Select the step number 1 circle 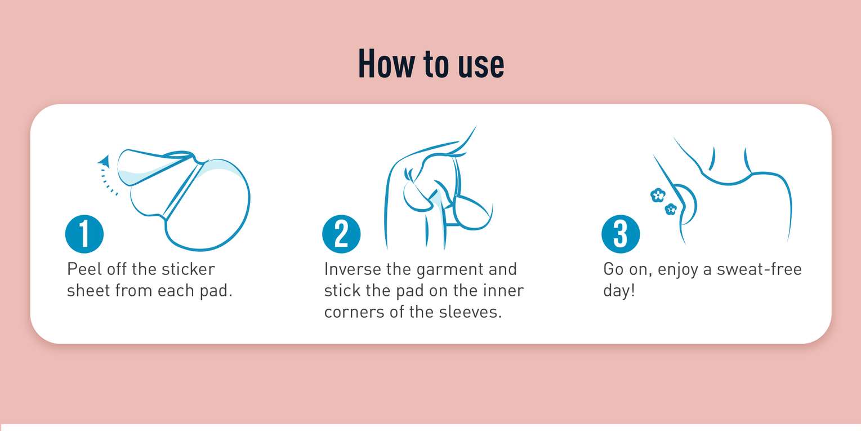coord(84,234)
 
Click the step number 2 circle coord(341,234)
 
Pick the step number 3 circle coord(621,234)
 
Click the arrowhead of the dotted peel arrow coord(104,161)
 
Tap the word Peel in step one coord(84,269)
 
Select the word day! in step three coord(619,292)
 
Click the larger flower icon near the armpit coord(658,195)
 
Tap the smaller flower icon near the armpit coord(671,209)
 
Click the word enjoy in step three coord(677,270)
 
